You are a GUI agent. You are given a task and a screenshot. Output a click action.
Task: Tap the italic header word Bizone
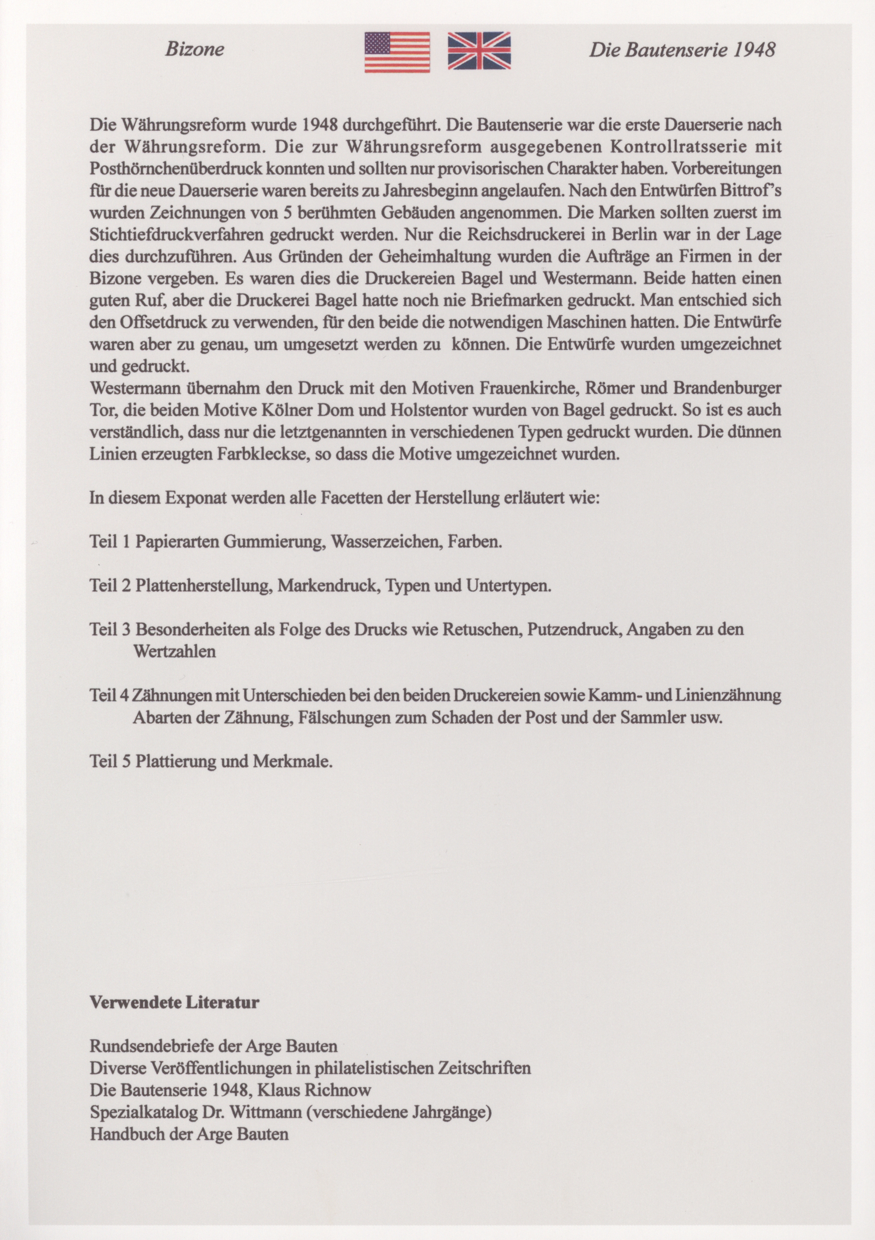coord(194,50)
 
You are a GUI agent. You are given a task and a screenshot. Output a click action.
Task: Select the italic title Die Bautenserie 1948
coord(682,50)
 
